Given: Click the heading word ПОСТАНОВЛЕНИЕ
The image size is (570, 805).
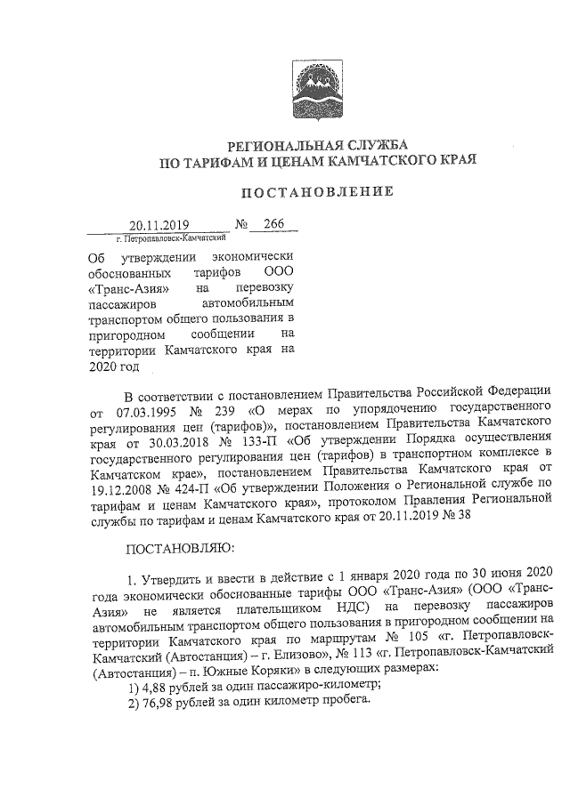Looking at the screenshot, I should point(318,191).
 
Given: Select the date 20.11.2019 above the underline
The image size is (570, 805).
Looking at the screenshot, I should point(153,226).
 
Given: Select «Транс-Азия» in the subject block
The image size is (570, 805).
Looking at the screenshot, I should point(126,289).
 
